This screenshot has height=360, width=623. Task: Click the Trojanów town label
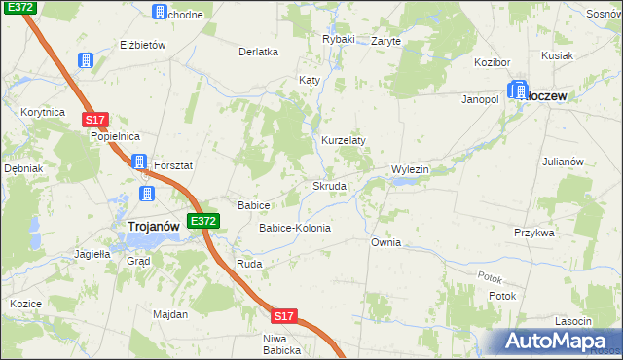tap(153, 227)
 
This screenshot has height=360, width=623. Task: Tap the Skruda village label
tap(329, 185)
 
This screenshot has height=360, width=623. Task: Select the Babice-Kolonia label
tap(294, 228)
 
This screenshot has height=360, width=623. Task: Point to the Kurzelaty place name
tap(344, 140)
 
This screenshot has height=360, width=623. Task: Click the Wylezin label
tap(410, 169)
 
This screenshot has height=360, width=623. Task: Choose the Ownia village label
tap(385, 242)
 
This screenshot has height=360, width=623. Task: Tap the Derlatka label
tap(259, 52)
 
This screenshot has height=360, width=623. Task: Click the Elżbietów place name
tap(143, 45)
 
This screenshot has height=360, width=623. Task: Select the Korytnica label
tap(42, 113)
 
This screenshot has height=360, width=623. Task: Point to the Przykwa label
tap(534, 233)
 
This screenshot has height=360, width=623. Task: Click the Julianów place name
tap(562, 161)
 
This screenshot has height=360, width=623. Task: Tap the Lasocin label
tap(572, 321)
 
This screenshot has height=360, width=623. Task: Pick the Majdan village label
tap(169, 314)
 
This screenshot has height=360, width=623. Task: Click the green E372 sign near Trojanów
tap(203, 222)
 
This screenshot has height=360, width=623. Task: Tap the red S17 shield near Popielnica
tap(93, 120)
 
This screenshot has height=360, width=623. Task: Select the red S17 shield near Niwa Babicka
tap(283, 317)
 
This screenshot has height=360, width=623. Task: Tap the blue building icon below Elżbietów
tap(86, 61)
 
